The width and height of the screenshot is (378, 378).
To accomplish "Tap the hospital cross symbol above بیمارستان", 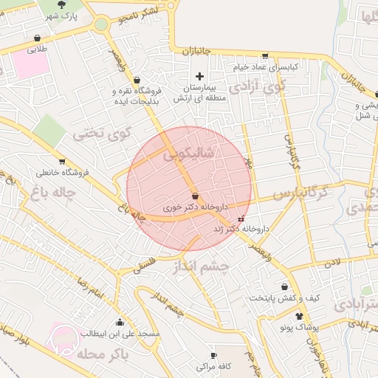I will point(199,76).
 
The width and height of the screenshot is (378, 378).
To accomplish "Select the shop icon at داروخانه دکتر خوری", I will point(195,196).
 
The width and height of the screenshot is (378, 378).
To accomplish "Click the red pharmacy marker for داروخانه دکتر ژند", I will point(241,219).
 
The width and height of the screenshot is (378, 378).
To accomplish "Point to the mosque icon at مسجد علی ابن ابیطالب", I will point(120,323).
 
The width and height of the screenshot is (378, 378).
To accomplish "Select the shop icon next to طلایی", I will point(37,38).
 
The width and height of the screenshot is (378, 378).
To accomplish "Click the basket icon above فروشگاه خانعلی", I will point(61,161).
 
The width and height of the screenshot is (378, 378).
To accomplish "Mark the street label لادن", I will point(335,261).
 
